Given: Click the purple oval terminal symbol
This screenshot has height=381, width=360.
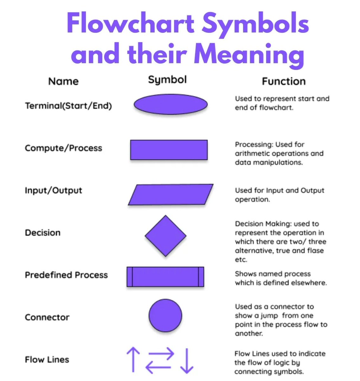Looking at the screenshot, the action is [170, 104].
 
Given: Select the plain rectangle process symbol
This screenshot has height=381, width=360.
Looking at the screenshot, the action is [169, 150].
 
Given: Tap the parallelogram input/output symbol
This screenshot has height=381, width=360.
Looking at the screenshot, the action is [171, 194].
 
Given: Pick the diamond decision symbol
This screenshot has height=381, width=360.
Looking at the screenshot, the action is [165, 236].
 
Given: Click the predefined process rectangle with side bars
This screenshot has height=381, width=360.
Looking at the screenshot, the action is [165, 277].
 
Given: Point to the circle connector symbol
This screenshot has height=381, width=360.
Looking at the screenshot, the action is [165, 316].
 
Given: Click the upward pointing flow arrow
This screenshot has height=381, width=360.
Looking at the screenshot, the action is [133, 359].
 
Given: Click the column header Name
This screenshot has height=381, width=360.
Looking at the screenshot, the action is [63, 81].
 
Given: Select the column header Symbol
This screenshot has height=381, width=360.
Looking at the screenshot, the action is [167, 80].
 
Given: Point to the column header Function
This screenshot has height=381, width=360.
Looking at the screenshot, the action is [284, 81].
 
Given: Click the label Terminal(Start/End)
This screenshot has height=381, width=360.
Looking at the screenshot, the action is [69, 106].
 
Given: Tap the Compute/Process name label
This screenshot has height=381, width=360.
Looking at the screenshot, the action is [63, 148].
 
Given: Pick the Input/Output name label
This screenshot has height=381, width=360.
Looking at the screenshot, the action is [54, 190].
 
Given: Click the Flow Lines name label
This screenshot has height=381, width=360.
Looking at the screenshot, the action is [47, 360].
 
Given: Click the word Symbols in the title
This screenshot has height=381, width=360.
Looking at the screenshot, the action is [255, 23].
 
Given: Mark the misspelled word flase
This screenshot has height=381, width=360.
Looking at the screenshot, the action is [315, 251].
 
